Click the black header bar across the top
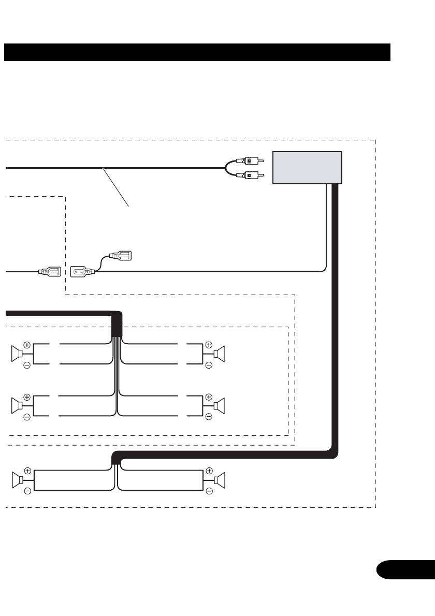pos(197,52)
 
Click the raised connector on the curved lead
pos(121,255)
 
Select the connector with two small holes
pos(82,271)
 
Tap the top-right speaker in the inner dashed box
pos(221,354)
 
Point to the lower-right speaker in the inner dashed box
pos(221,406)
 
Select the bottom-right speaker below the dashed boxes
pos(221,481)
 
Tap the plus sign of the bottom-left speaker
pos(27,471)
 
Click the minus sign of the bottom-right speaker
pos(209,491)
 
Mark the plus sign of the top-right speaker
pos(209,344)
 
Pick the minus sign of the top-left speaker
pos(27,364)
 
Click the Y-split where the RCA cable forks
pos(226,168)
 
